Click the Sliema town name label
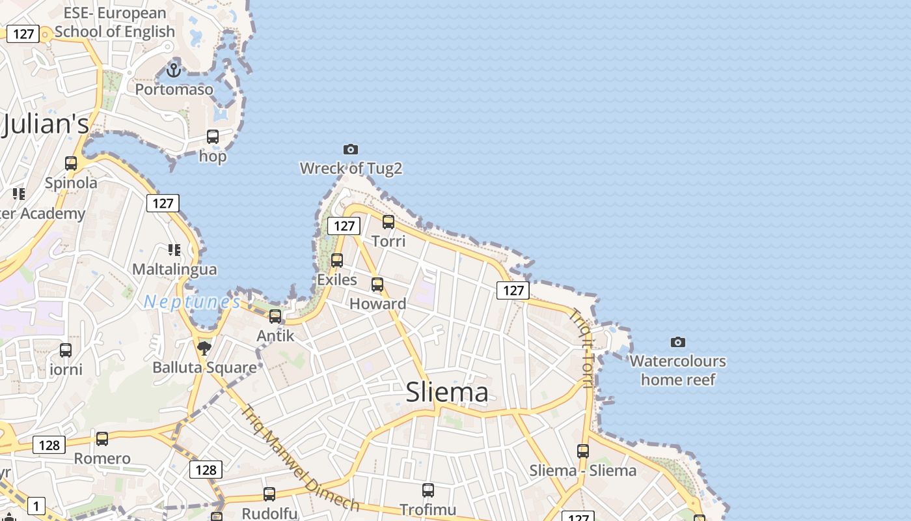point(446,392)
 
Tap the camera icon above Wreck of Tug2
point(350,150)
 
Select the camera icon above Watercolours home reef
point(677,342)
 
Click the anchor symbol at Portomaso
point(174,69)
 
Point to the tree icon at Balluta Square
point(204,348)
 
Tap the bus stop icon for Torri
point(388,222)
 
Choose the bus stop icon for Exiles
point(337,260)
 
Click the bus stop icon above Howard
point(377,285)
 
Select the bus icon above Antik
point(275,317)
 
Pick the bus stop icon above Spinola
point(71,163)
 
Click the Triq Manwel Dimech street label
point(299,458)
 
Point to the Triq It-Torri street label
point(581,348)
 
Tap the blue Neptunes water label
point(192,302)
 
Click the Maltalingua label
point(174,269)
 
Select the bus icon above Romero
point(102,439)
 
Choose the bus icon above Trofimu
point(428,490)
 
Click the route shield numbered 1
point(36,505)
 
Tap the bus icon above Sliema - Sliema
point(583,451)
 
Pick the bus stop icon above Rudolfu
point(269,494)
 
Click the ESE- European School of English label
point(115,22)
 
